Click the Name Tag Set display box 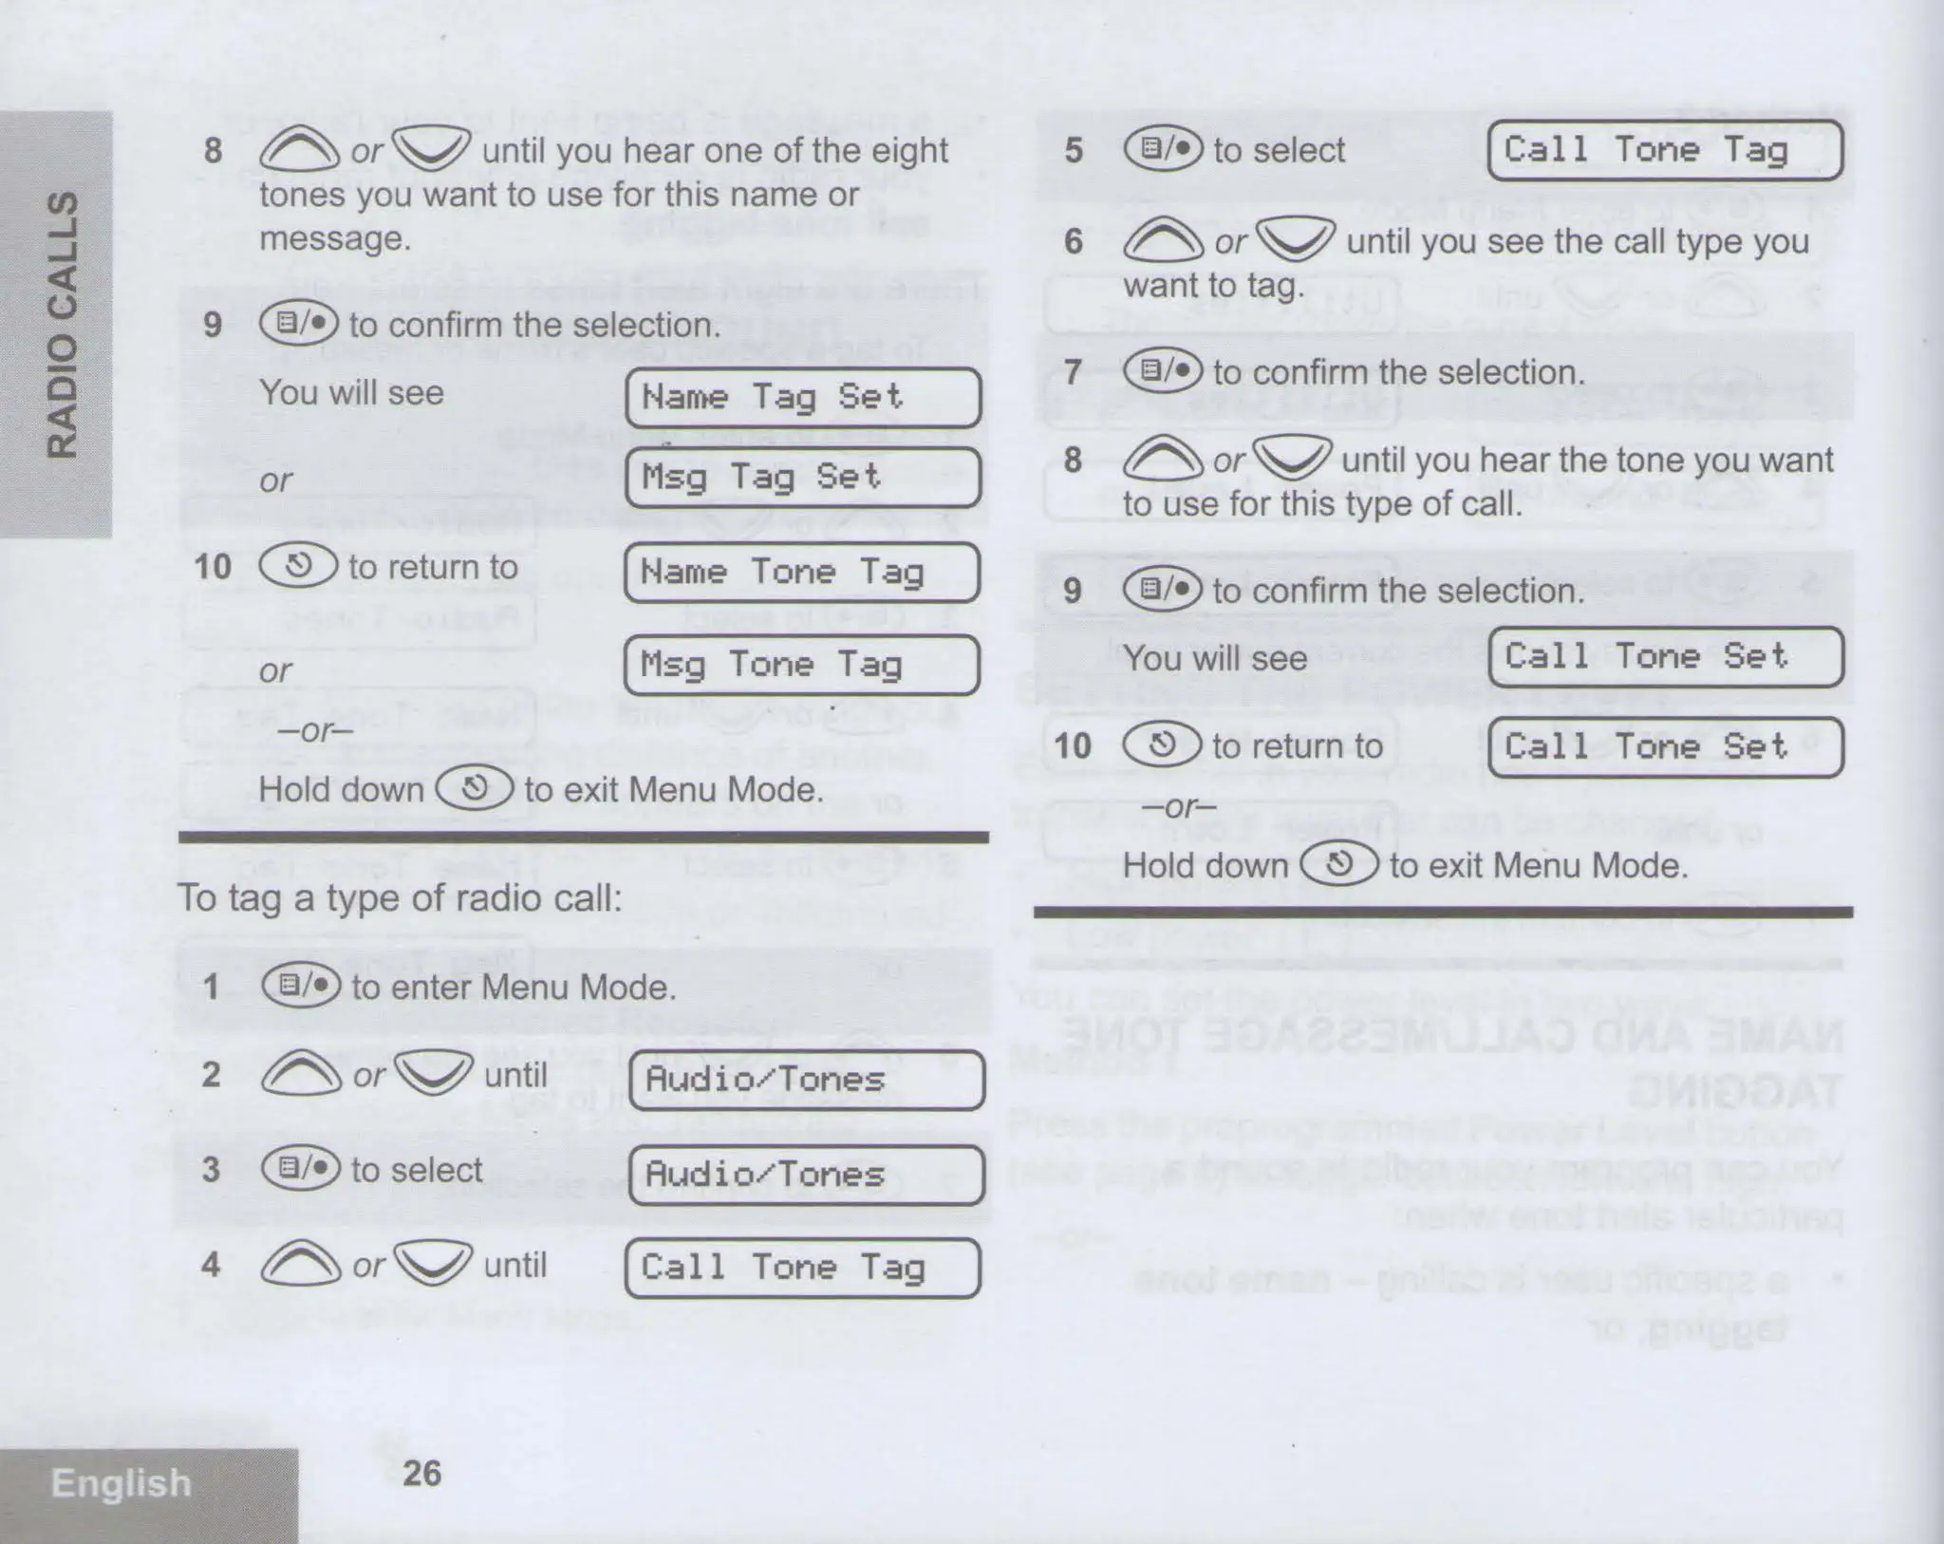click(x=803, y=398)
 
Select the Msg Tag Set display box click(x=803, y=477)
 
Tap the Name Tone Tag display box click(x=802, y=573)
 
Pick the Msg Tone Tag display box click(x=802, y=665)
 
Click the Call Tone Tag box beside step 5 click(x=1665, y=150)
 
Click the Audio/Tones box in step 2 click(x=807, y=1080)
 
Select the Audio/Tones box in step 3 click(x=807, y=1175)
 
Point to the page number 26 click(x=421, y=1473)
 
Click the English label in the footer click(x=121, y=1482)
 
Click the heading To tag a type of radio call click(x=400, y=898)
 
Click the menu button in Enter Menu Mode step click(x=300, y=987)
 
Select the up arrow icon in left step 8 click(x=299, y=150)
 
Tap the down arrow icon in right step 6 click(x=1296, y=240)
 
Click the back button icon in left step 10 click(x=298, y=566)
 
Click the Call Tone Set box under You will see click(x=1665, y=657)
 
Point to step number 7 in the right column click(x=1073, y=372)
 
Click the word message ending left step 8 click(x=334, y=238)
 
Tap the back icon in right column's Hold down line click(x=1338, y=865)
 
